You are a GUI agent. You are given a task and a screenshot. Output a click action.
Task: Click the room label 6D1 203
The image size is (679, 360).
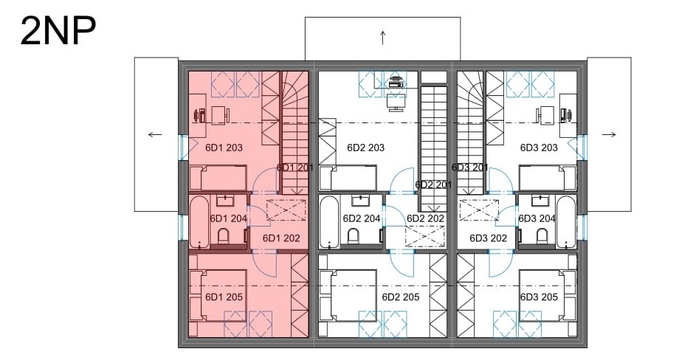pos(224,148)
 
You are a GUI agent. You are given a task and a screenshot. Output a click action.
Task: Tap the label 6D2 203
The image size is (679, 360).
pos(365,148)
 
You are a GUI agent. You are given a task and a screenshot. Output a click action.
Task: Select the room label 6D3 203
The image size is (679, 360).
pos(539,148)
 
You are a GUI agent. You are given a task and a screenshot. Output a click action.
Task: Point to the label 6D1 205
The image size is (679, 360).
pos(224,297)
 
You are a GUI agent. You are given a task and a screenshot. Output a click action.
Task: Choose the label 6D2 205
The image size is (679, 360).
pos(401,297)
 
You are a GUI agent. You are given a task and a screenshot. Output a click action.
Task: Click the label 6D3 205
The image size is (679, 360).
pos(539,297)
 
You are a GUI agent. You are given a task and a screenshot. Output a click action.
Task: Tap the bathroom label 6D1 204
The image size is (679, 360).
pos(228,218)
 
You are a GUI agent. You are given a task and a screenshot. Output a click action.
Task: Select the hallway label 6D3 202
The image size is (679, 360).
pos(488,238)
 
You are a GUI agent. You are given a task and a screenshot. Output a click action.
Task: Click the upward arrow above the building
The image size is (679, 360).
pos(383,38)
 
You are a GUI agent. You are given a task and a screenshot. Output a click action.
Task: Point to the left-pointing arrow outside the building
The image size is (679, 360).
pos(155,134)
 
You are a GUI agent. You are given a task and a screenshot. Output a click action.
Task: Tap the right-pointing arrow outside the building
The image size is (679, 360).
pos(609,134)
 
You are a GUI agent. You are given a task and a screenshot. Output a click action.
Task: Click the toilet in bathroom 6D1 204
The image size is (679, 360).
pos(224,237)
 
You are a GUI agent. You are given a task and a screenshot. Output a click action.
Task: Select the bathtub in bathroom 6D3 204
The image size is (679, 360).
pos(566,222)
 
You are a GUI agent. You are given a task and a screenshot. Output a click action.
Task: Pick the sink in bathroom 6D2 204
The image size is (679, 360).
pos(360,201)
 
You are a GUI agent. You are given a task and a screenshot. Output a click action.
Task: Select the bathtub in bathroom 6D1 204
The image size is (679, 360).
pos(199,222)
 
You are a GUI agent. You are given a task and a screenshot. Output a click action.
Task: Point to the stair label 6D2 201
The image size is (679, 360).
pos(433,185)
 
